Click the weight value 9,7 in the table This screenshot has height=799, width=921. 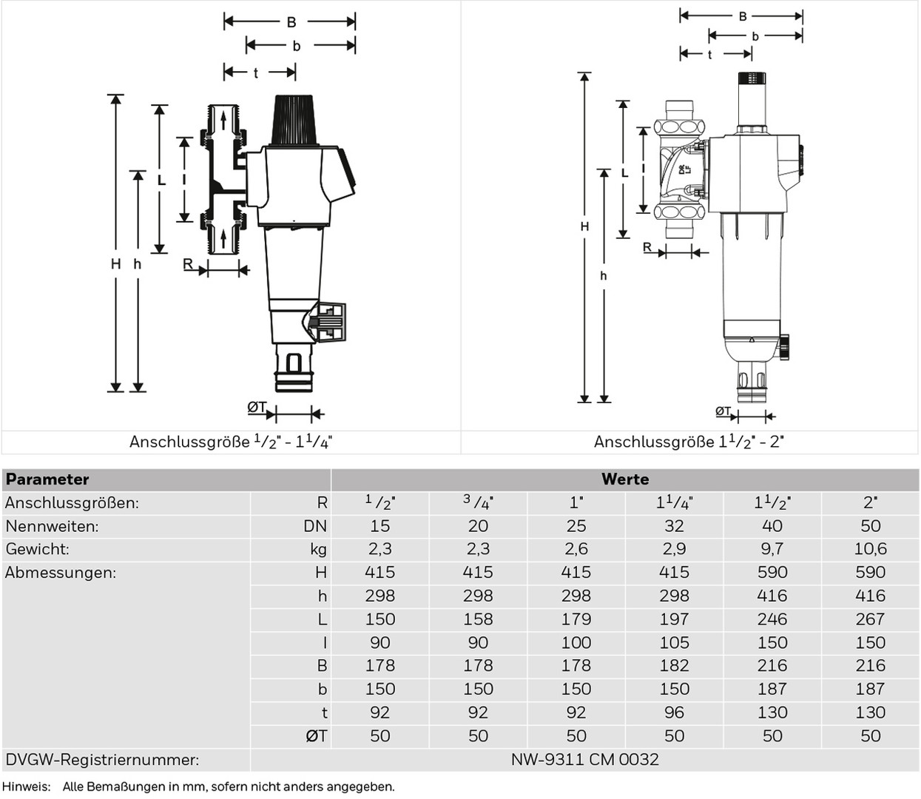pos(772,549)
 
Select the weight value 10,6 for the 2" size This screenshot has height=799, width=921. pos(870,549)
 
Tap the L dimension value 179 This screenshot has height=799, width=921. pos(576,619)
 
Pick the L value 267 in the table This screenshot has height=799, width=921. pos(870,619)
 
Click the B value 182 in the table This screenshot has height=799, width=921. pos(674,666)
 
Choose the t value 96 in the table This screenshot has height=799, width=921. pos(674,712)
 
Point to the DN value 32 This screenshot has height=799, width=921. pos(674,526)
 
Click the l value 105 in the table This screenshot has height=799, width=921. pos(674,643)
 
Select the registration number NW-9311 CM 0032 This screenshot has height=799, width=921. pos(584,760)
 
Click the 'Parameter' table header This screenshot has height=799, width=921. pos(47,479)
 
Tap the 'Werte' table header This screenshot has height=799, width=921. pos(625,479)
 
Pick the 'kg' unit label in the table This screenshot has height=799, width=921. pos(318,550)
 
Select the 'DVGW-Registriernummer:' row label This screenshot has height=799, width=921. pos(102,760)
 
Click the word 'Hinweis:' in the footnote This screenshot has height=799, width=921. pos(26,786)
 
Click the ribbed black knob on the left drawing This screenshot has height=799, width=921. pos(295,120)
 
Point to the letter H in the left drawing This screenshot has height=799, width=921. pos(116,264)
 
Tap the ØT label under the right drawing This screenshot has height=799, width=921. pos(723,411)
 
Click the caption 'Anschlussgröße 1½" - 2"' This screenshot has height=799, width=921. pos(689,442)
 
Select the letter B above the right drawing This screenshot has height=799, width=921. pos(742,16)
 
